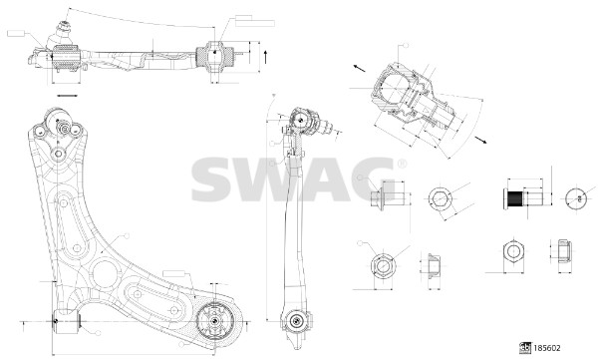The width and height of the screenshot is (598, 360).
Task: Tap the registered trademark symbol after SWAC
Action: tap(402, 164)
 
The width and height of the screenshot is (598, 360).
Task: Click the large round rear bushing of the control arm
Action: tap(213, 321)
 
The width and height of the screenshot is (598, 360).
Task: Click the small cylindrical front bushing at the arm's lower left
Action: tap(63, 322)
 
